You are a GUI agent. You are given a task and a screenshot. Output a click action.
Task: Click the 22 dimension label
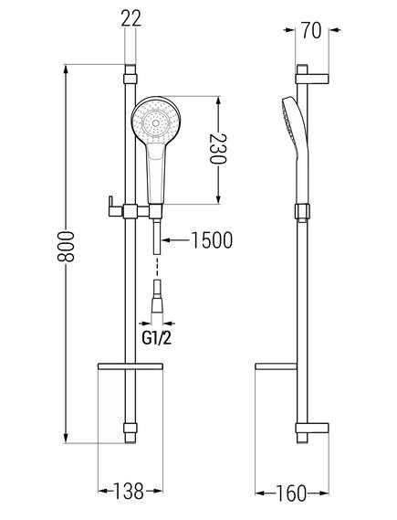(x=131, y=18)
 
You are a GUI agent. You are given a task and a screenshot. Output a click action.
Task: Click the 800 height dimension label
(x=66, y=247)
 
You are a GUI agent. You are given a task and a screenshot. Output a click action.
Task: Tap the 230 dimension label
(x=218, y=149)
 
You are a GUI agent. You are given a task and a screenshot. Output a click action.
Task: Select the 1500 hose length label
(x=212, y=240)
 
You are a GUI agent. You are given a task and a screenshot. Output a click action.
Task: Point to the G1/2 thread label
(x=157, y=338)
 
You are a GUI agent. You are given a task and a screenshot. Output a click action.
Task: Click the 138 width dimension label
(x=129, y=491)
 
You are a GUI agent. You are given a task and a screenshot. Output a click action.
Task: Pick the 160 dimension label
(x=291, y=493)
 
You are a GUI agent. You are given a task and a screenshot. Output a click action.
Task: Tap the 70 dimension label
(x=311, y=30)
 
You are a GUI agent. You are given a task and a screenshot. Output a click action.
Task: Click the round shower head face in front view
(x=156, y=121)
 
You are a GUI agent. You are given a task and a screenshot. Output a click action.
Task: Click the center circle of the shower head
(x=156, y=123)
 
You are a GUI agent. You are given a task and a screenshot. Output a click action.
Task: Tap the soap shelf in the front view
(x=131, y=366)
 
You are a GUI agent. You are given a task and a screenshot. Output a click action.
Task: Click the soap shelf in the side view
(x=276, y=366)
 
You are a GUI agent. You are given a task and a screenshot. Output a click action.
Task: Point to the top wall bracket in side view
(x=311, y=79)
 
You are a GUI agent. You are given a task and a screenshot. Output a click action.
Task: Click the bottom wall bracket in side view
(x=312, y=428)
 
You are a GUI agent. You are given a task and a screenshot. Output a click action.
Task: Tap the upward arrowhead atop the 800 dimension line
(x=67, y=69)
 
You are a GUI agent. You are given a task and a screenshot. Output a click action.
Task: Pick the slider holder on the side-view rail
(x=302, y=212)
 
